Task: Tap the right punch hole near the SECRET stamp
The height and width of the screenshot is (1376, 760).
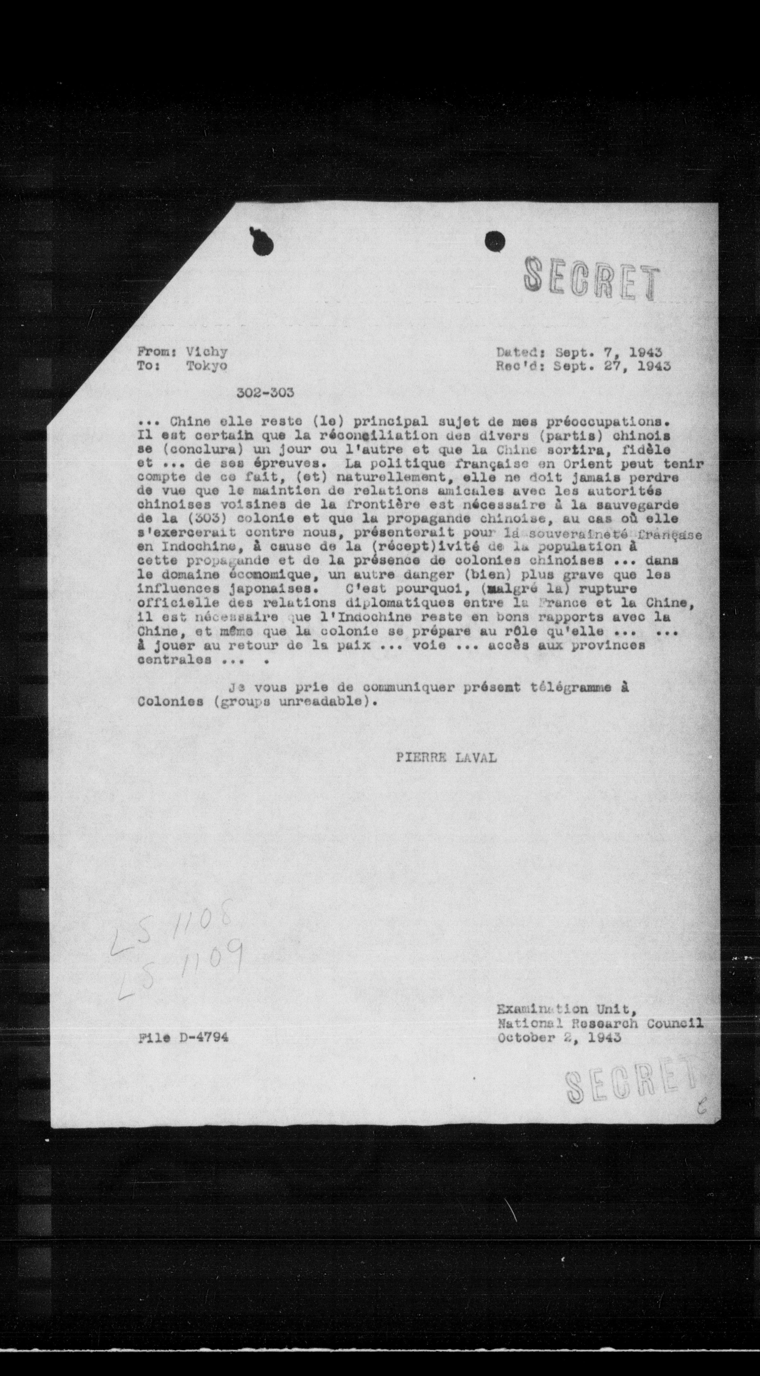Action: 495,241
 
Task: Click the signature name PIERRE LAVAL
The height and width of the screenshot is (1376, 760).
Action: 446,757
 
